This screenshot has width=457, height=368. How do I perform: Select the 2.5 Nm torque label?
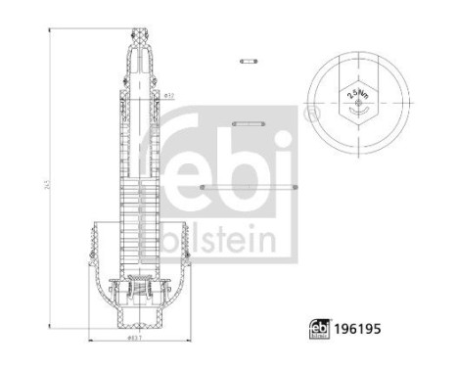point(354,95)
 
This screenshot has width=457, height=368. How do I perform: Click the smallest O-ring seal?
point(248,61)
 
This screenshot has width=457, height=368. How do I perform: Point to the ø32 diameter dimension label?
point(168,95)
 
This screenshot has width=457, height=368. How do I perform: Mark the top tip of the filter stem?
point(140,30)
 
